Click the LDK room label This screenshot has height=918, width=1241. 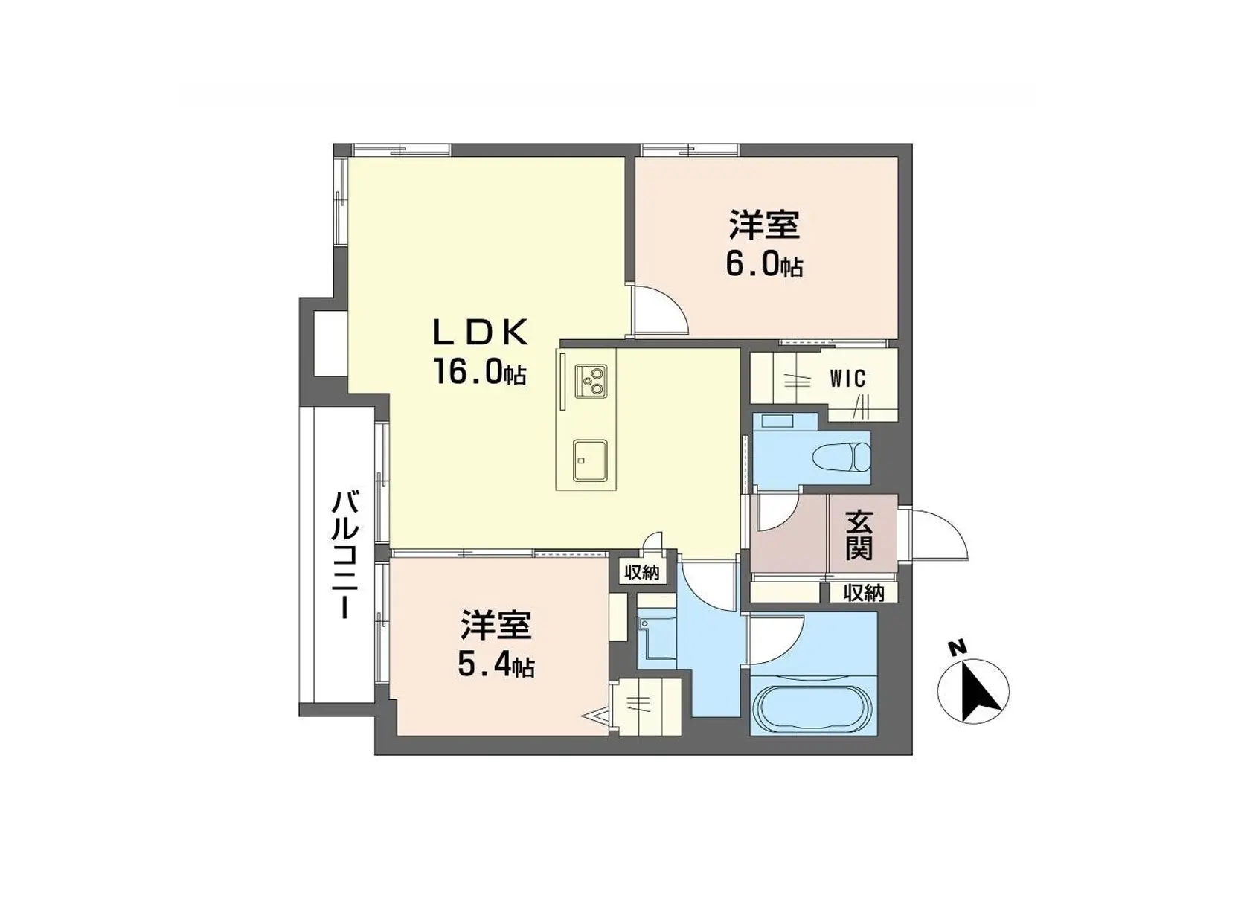(481, 333)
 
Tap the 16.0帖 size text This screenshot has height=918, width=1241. (480, 373)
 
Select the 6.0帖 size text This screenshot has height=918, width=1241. (764, 264)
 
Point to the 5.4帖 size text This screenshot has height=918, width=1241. (496, 666)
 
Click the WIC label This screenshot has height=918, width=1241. (847, 379)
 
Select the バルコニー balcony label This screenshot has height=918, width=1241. (344, 554)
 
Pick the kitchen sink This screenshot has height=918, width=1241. (589, 460)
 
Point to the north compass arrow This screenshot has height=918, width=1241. (974, 690)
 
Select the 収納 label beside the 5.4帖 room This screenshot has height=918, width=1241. (641, 572)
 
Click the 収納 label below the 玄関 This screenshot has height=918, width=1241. (863, 593)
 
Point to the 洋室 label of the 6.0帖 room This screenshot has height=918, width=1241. (764, 225)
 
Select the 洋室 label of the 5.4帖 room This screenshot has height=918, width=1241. (496, 626)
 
